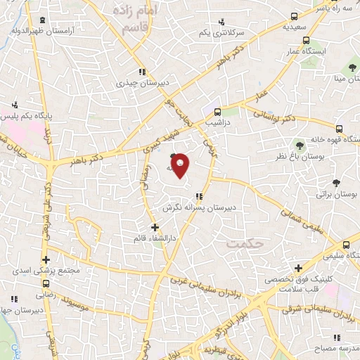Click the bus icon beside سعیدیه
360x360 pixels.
pos(295,16)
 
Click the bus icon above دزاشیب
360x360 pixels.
pos(217,111)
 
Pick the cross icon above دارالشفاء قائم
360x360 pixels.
pos(155,227)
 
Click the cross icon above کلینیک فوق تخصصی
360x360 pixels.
pos(299,268)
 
